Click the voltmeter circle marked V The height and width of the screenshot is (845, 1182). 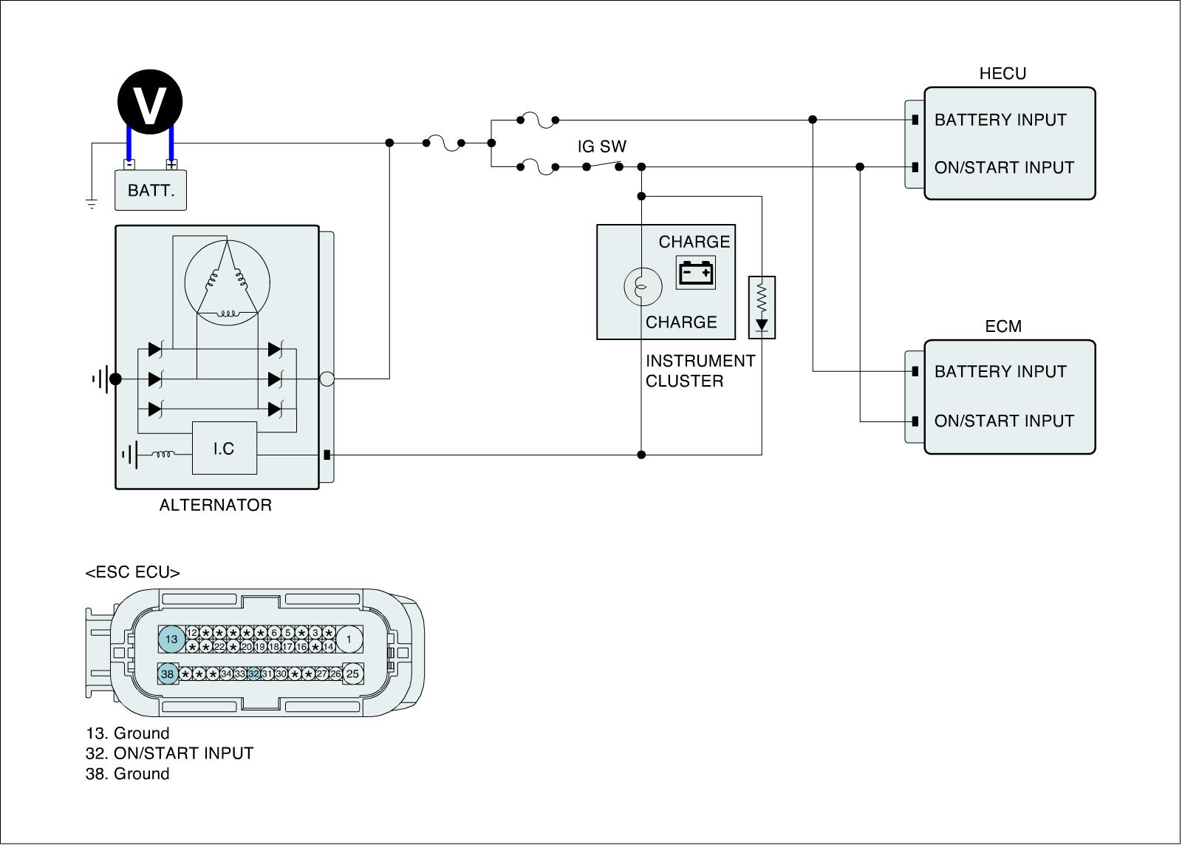pos(150,101)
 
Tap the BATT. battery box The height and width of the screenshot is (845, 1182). pos(151,190)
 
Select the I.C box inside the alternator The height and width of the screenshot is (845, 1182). pos(224,448)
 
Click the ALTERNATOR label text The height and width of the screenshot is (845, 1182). pos(216,505)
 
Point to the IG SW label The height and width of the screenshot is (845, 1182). pos(601,146)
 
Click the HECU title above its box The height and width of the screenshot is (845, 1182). pos(1002,73)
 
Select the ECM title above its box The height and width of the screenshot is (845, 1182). pos(1002,326)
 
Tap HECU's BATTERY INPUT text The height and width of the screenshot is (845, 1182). pos(1000,120)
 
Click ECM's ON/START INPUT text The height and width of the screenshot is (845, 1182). pos(1004,421)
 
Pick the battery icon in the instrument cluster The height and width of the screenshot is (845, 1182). pos(696,273)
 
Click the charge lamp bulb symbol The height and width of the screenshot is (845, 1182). pos(640,286)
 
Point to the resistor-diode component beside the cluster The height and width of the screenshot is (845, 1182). pos(762,307)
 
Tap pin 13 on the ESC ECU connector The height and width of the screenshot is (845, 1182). pos(171,639)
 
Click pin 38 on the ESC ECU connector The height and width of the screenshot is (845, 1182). pos(168,673)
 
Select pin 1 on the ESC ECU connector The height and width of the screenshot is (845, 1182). pos(349,639)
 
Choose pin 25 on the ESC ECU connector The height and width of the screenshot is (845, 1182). pos(352,673)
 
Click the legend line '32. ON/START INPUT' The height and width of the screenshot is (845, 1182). pos(169,753)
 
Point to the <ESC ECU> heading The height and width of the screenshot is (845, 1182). pos(133,572)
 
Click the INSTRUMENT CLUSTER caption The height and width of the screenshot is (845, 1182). pos(700,371)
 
